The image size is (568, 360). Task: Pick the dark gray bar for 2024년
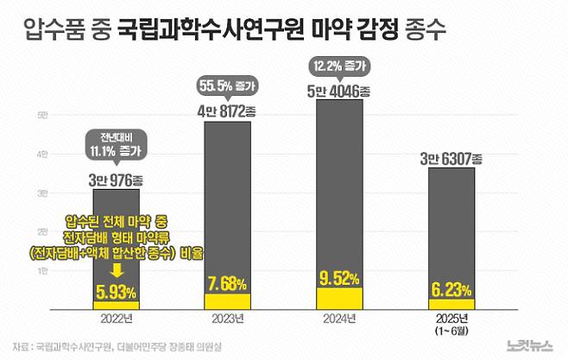(339, 181)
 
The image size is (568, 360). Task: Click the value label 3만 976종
(116, 181)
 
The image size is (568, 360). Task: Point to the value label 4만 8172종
(227, 111)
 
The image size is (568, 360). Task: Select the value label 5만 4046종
(339, 91)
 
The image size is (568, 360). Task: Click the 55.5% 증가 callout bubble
(227, 88)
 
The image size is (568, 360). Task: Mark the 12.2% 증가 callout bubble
(339, 66)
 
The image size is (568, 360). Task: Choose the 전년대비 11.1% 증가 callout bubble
(116, 144)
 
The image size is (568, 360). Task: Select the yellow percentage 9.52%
(339, 279)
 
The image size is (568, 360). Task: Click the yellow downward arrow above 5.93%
(116, 270)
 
